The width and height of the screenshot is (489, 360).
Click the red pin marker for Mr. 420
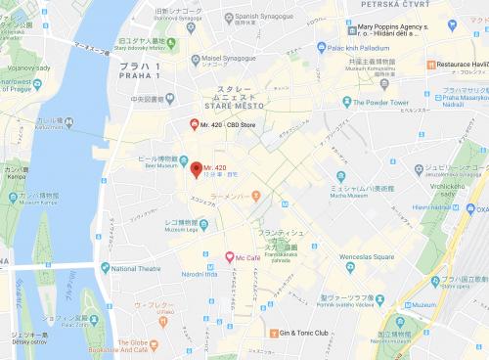point(196,169)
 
